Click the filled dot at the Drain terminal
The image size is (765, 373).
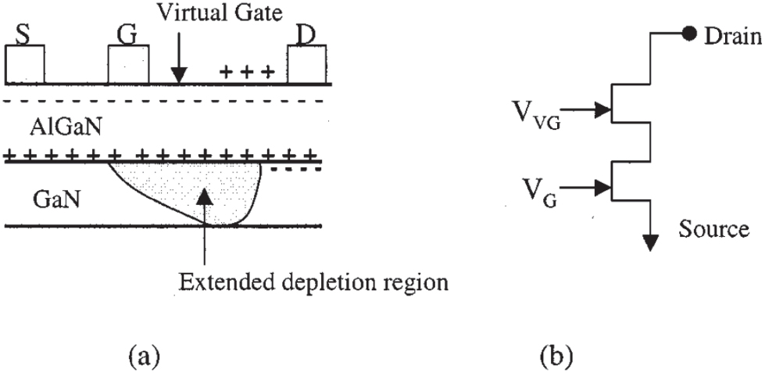tap(690, 34)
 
